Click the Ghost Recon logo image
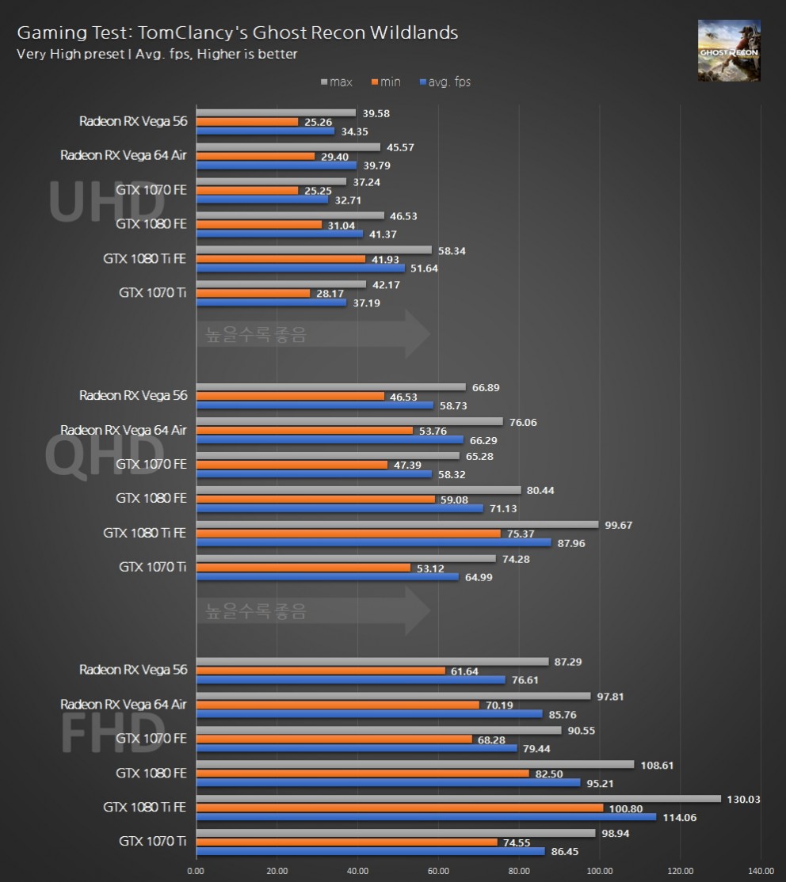click(728, 51)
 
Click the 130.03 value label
click(743, 800)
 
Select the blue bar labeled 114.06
click(425, 817)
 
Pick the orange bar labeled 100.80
click(399, 808)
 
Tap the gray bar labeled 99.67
click(397, 524)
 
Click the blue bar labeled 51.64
click(300, 268)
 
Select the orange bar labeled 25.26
click(247, 122)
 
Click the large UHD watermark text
click(106, 203)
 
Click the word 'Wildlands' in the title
click(418, 33)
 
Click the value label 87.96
click(574, 543)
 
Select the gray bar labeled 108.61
click(415, 764)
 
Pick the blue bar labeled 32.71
click(262, 200)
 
